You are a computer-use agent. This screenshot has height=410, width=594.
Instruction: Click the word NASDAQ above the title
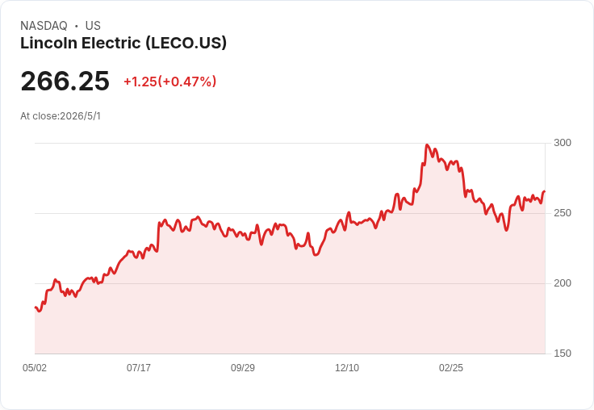44,26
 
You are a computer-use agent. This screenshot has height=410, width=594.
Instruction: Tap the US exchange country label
93,26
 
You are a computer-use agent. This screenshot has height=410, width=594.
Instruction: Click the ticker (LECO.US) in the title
186,44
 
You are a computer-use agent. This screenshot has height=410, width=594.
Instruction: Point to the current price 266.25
65,81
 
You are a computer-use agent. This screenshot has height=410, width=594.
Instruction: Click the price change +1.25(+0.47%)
170,82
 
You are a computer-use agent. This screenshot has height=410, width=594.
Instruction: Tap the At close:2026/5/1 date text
61,116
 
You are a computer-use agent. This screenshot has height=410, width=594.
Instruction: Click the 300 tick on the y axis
563,143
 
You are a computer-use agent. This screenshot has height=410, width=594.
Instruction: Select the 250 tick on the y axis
563,213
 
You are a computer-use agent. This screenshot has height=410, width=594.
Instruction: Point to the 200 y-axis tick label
563,283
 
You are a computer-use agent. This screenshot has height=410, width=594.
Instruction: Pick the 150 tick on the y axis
563,354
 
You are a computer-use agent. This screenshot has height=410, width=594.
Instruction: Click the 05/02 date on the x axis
35,367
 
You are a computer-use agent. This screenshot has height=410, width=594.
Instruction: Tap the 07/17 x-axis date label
139,367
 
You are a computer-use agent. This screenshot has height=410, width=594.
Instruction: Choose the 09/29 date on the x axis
243,367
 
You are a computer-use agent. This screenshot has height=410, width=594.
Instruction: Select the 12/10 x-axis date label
347,367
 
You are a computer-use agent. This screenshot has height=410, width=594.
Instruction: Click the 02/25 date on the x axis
451,367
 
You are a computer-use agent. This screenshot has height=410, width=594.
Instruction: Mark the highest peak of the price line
427,144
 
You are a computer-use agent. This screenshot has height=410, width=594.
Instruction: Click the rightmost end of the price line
545,191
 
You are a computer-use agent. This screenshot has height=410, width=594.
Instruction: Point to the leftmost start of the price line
36,307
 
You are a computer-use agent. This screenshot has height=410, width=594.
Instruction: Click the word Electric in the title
111,44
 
